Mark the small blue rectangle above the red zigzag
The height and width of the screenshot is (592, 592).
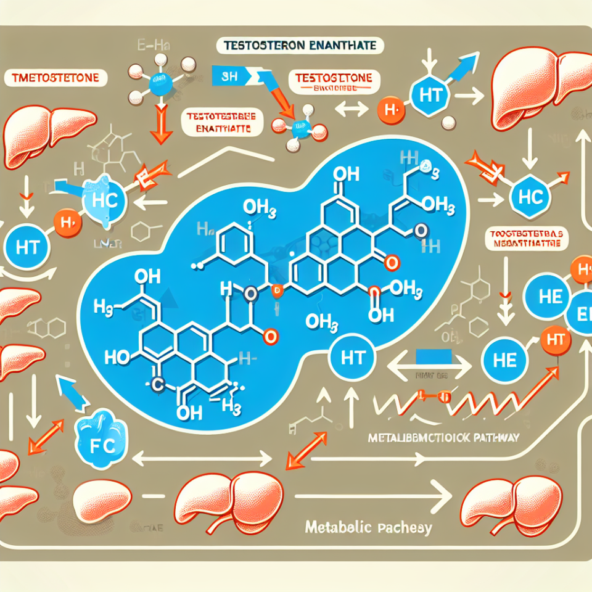coord(434,356)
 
